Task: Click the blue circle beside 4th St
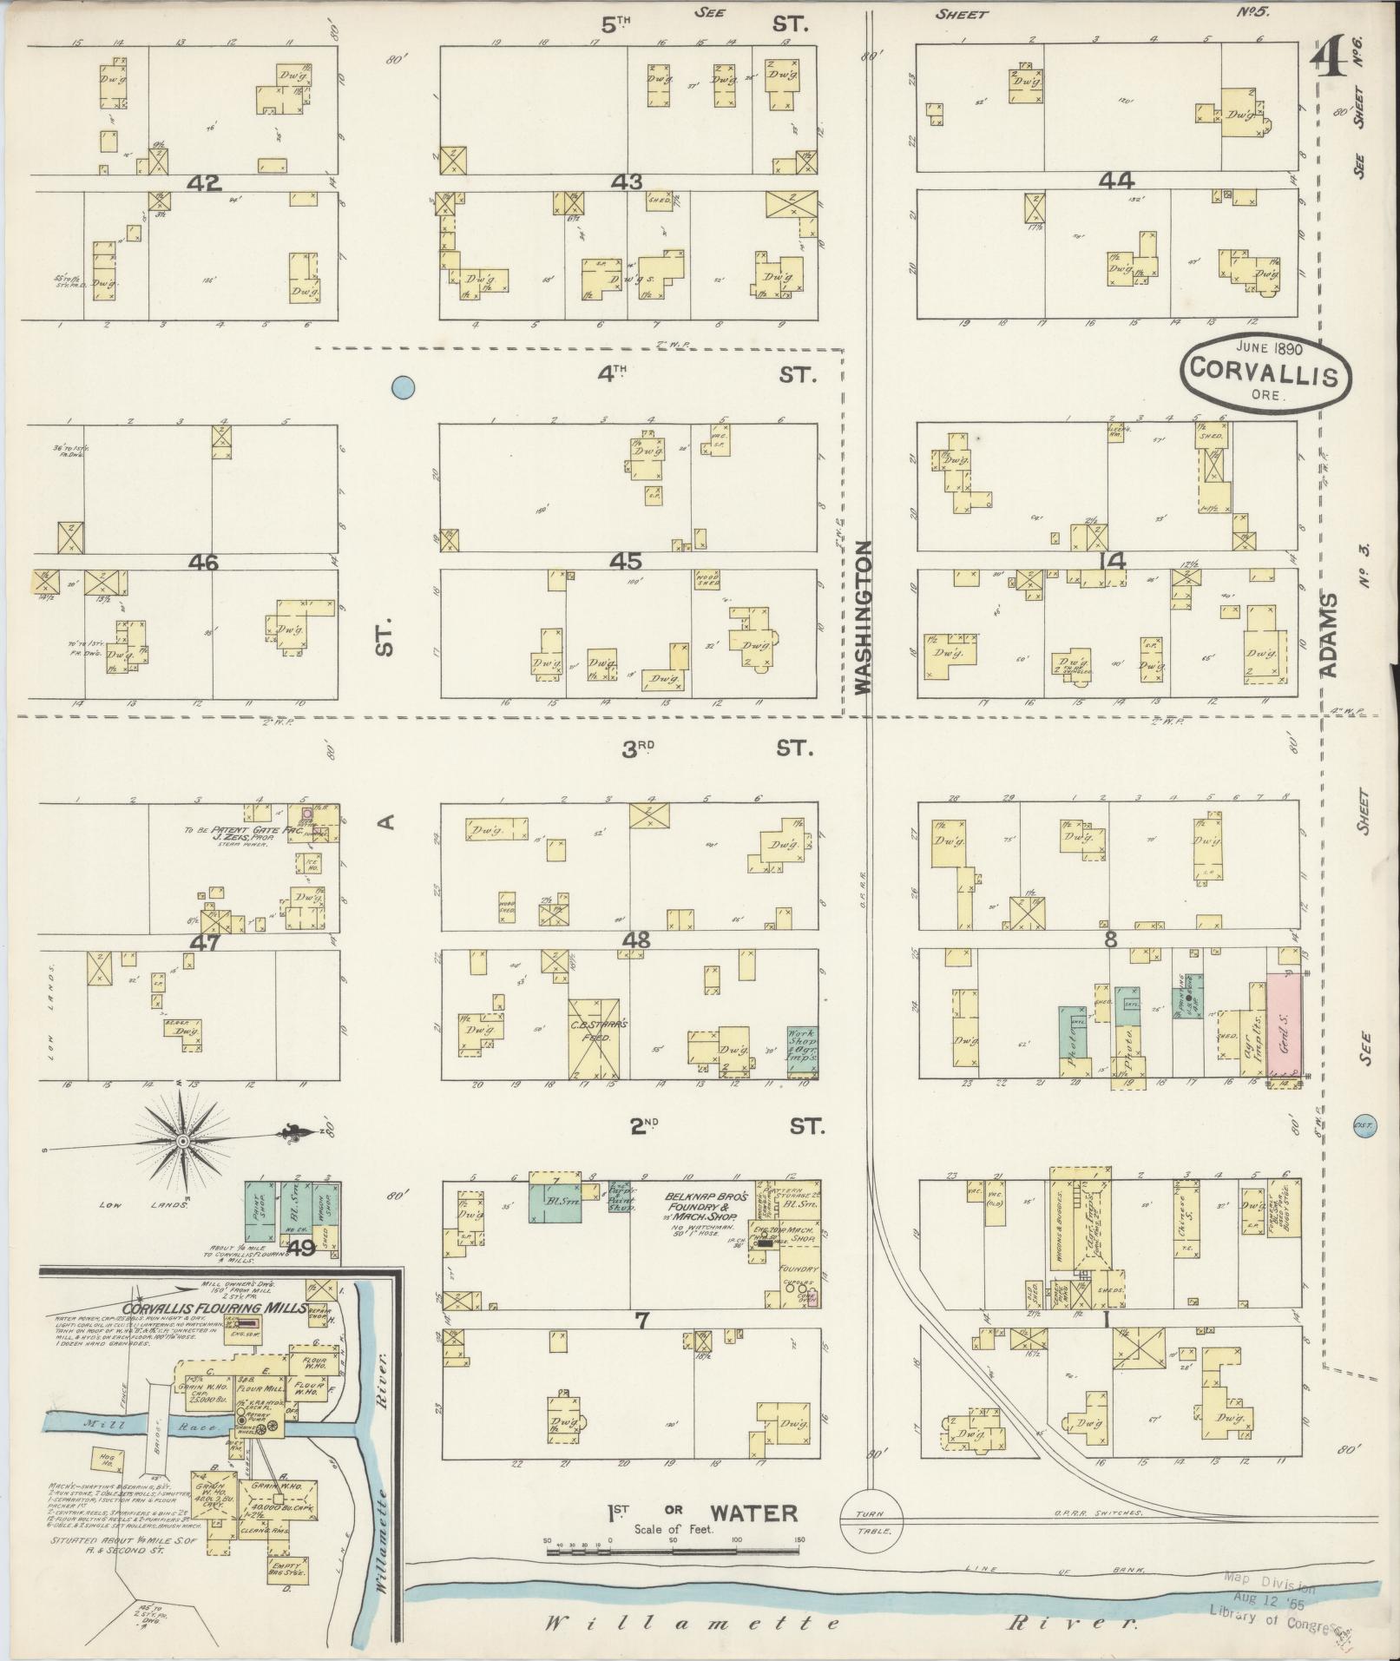402,387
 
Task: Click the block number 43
626,181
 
